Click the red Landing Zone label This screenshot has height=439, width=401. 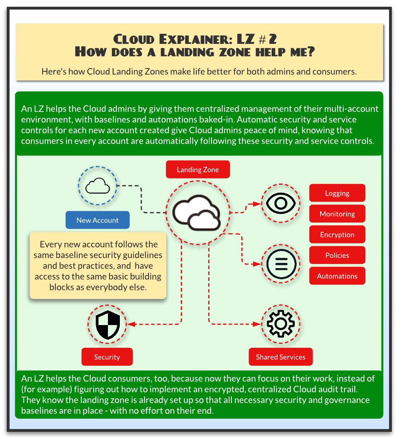point(198,169)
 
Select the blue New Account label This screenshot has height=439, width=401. point(98,220)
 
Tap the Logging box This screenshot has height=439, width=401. point(337,193)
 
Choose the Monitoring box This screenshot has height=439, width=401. point(337,214)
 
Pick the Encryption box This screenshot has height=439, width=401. point(337,234)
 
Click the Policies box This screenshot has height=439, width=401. point(337,255)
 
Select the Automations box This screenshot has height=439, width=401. point(337,276)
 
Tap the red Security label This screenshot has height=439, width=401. point(107,357)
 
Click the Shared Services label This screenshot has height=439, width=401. point(281,357)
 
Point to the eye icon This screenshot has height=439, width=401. point(281,203)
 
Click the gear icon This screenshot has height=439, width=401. point(281,324)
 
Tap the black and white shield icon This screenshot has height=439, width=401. point(108,325)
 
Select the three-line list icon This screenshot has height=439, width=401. point(281,264)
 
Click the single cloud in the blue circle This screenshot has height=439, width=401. point(98,186)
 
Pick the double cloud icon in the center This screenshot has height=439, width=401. point(197,213)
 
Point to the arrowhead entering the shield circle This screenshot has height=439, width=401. point(131,324)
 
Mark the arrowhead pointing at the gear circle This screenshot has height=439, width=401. point(257,324)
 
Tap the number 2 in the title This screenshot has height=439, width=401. point(273,39)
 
